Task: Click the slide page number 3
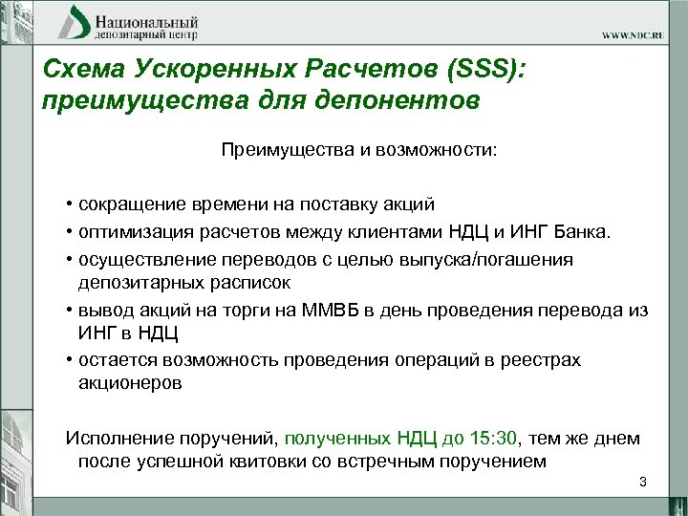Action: click(642, 482)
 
